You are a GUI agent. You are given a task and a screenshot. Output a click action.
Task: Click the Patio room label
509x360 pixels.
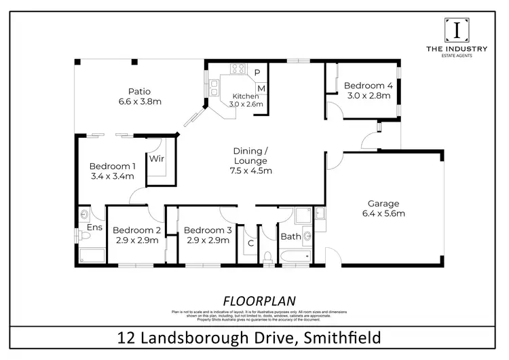click(x=139, y=92)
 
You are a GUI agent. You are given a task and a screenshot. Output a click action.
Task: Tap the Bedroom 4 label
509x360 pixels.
click(x=368, y=86)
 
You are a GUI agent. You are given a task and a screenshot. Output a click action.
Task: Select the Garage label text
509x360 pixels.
click(x=383, y=203)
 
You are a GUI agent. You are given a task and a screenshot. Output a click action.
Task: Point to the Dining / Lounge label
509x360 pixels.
click(x=251, y=155)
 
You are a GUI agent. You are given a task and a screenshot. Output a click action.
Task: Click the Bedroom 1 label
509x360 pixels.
click(x=113, y=166)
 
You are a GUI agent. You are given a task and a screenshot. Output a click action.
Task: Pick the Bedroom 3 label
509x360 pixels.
click(x=208, y=230)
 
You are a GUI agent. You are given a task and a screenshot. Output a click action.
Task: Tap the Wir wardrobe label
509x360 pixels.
click(x=157, y=159)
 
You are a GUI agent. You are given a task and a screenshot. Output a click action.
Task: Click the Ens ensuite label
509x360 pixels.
click(x=94, y=227)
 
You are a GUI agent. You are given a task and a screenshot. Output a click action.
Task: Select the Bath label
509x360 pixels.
click(x=290, y=237)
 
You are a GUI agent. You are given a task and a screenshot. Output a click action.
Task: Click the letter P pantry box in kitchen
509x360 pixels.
click(x=258, y=73)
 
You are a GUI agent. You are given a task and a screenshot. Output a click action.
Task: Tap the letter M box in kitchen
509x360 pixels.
click(x=261, y=88)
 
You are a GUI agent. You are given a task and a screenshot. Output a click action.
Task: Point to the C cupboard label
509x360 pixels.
click(x=250, y=242)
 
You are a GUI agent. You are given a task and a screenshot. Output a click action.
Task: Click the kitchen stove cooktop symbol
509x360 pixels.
click(x=238, y=68)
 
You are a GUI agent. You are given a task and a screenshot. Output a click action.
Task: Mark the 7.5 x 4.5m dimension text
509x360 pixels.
click(x=251, y=171)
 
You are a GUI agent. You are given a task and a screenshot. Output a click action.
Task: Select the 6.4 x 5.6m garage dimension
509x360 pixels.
click(x=383, y=213)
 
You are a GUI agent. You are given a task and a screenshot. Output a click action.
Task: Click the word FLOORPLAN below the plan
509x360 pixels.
click(x=254, y=300)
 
